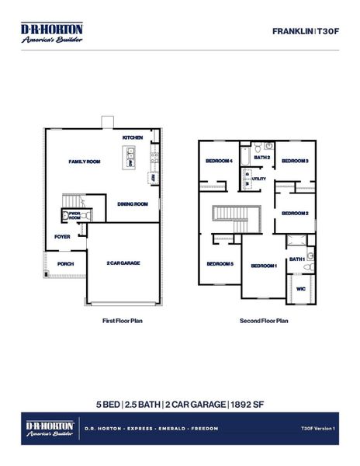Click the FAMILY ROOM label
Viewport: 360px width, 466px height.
point(85,162)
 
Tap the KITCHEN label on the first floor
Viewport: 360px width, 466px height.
point(133,137)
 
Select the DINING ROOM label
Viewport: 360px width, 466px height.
point(132,204)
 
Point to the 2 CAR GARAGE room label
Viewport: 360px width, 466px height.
point(123,263)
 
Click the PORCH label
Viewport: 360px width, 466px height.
point(65,263)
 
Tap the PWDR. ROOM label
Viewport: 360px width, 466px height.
point(75,215)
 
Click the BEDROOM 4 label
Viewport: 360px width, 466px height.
point(219,161)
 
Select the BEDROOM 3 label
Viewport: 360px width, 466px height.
point(295,161)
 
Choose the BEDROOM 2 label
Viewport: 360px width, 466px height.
point(295,213)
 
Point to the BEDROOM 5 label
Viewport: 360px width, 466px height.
point(220,264)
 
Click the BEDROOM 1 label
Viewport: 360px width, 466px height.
point(264,266)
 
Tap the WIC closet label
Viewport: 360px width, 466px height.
point(301,289)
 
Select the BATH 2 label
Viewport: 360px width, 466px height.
point(261,158)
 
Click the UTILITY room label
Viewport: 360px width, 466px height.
point(259,179)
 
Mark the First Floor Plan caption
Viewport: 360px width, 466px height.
point(123,320)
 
